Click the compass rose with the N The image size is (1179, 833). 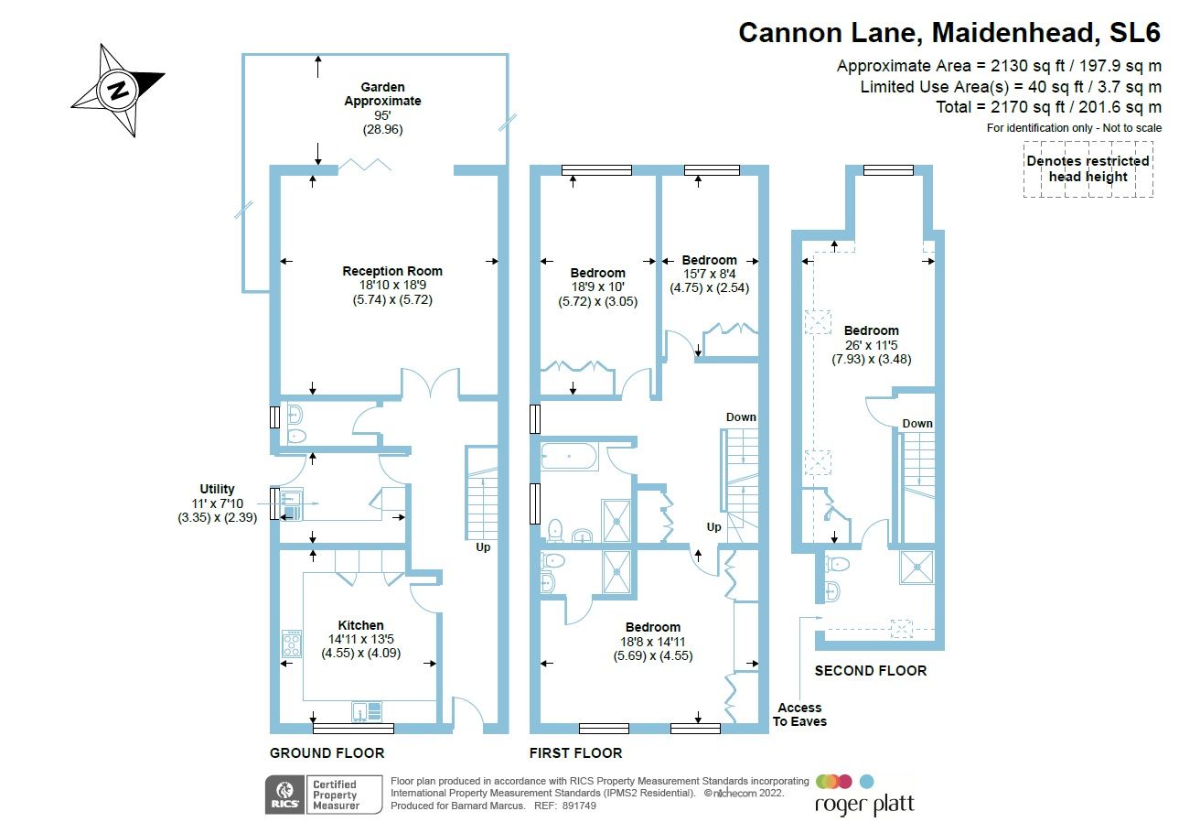click(118, 90)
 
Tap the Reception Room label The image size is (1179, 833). click(392, 271)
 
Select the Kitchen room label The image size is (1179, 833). click(360, 625)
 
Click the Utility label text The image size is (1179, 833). click(217, 490)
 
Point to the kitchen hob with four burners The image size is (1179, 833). click(292, 644)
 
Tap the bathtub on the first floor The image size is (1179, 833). click(570, 455)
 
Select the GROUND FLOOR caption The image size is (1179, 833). click(327, 752)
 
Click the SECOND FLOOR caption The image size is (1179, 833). click(870, 671)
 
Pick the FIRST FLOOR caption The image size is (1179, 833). click(575, 752)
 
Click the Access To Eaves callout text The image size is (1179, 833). click(800, 714)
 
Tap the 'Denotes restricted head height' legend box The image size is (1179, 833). click(1088, 168)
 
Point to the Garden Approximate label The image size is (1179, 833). click(382, 95)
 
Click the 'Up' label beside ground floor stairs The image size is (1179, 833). click(482, 547)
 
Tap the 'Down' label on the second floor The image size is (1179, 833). click(917, 423)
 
